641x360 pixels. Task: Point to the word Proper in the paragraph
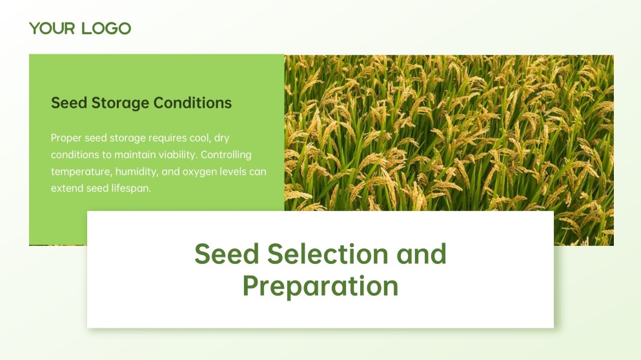point(66,138)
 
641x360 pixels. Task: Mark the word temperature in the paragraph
point(79,172)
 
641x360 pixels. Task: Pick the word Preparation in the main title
point(320,286)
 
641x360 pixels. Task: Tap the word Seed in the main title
point(227,254)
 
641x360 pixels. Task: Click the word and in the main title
point(422,254)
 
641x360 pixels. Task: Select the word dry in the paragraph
point(221,138)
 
